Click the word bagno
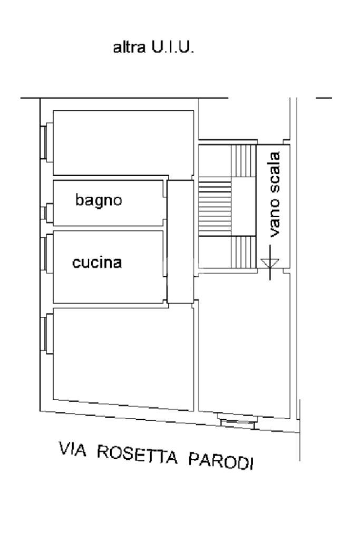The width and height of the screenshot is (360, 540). point(99,200)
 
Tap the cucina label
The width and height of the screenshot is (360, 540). point(97,262)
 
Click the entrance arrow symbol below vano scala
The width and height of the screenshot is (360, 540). point(270,264)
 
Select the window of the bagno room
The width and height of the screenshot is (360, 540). point(48,213)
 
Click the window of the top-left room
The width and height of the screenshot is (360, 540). point(48,141)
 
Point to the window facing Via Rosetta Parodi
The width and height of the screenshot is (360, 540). point(238,422)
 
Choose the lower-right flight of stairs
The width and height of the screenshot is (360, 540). point(244,252)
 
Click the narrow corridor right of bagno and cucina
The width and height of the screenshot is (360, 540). point(180,242)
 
